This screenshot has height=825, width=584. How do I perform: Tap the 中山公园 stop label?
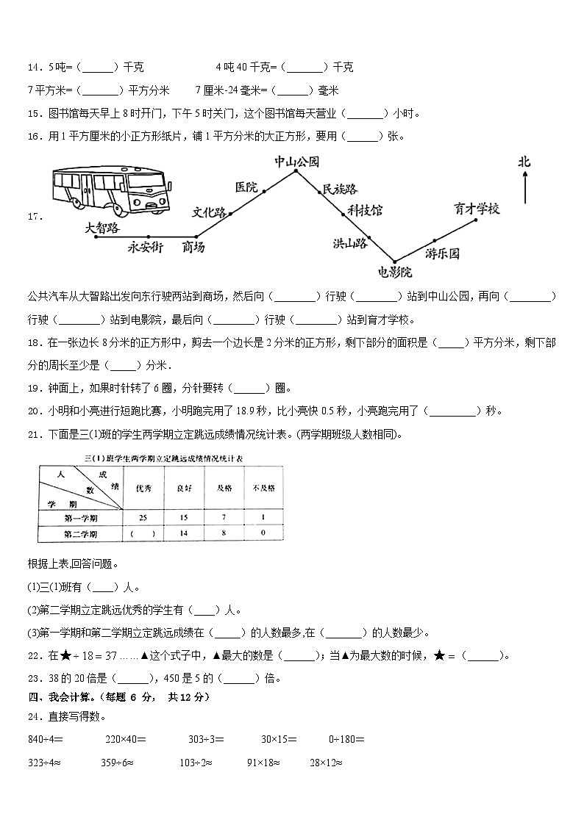(x=296, y=162)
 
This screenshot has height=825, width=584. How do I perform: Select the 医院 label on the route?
(x=246, y=187)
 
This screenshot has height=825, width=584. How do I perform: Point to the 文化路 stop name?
(x=210, y=212)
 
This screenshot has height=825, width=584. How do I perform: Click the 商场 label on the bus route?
(x=193, y=247)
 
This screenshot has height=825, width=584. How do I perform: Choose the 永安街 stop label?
(x=145, y=247)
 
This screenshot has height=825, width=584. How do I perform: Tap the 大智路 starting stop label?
(x=102, y=228)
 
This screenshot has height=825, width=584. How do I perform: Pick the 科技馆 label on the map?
(x=365, y=211)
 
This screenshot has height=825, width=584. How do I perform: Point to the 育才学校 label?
(x=477, y=209)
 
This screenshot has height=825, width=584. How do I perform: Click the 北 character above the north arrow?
(x=524, y=162)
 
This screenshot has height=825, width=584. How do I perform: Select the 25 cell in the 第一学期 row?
(x=142, y=518)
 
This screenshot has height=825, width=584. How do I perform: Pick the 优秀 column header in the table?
(x=142, y=488)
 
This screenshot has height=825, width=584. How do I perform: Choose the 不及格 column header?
(x=263, y=488)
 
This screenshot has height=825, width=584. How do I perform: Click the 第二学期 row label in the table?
(x=80, y=533)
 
